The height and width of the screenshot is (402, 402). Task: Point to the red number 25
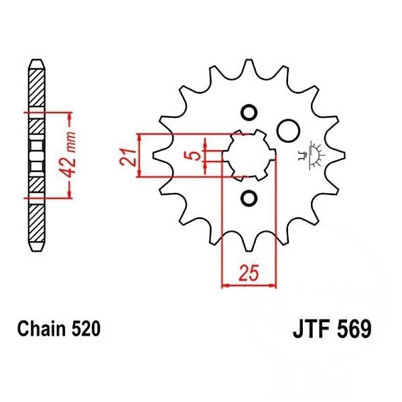coord(249,273)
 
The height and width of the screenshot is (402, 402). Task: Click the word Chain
coord(42,329)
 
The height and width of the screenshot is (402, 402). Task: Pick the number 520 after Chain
coord(85,329)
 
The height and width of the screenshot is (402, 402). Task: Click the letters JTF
coord(312,329)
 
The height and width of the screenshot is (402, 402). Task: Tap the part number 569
coord(354,329)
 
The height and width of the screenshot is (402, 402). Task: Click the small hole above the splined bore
coord(249,113)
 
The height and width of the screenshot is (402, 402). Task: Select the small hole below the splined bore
coord(249,198)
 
